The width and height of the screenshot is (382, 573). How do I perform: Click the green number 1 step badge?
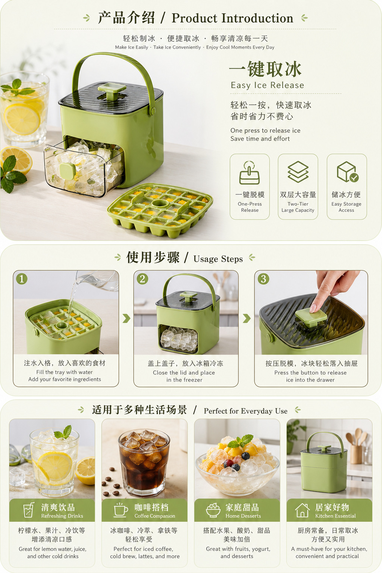[x=22, y=279]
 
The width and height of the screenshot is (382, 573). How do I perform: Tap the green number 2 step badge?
[x=143, y=279]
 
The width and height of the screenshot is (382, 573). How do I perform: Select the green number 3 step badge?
[x=263, y=279]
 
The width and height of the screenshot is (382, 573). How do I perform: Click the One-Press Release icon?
[x=250, y=173]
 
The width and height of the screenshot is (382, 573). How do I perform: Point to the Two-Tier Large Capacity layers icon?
[x=298, y=172]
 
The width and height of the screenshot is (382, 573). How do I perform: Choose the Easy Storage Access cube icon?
[x=347, y=172]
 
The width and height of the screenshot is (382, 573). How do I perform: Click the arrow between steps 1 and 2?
[x=126, y=318]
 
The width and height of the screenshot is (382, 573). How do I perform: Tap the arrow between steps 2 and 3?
[x=247, y=318]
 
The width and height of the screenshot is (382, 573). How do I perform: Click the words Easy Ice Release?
[x=267, y=85]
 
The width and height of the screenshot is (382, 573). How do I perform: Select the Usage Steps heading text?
[x=218, y=259]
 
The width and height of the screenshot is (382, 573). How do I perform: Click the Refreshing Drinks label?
[x=62, y=516]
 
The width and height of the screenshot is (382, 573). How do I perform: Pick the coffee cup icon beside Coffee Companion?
[x=120, y=510]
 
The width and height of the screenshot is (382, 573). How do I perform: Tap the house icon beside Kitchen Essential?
[x=303, y=510]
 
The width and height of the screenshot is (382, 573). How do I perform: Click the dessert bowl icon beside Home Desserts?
[x=213, y=510]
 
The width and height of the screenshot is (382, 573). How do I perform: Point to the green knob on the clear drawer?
[x=68, y=170]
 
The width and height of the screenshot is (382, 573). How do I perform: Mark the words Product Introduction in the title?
[x=232, y=18]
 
